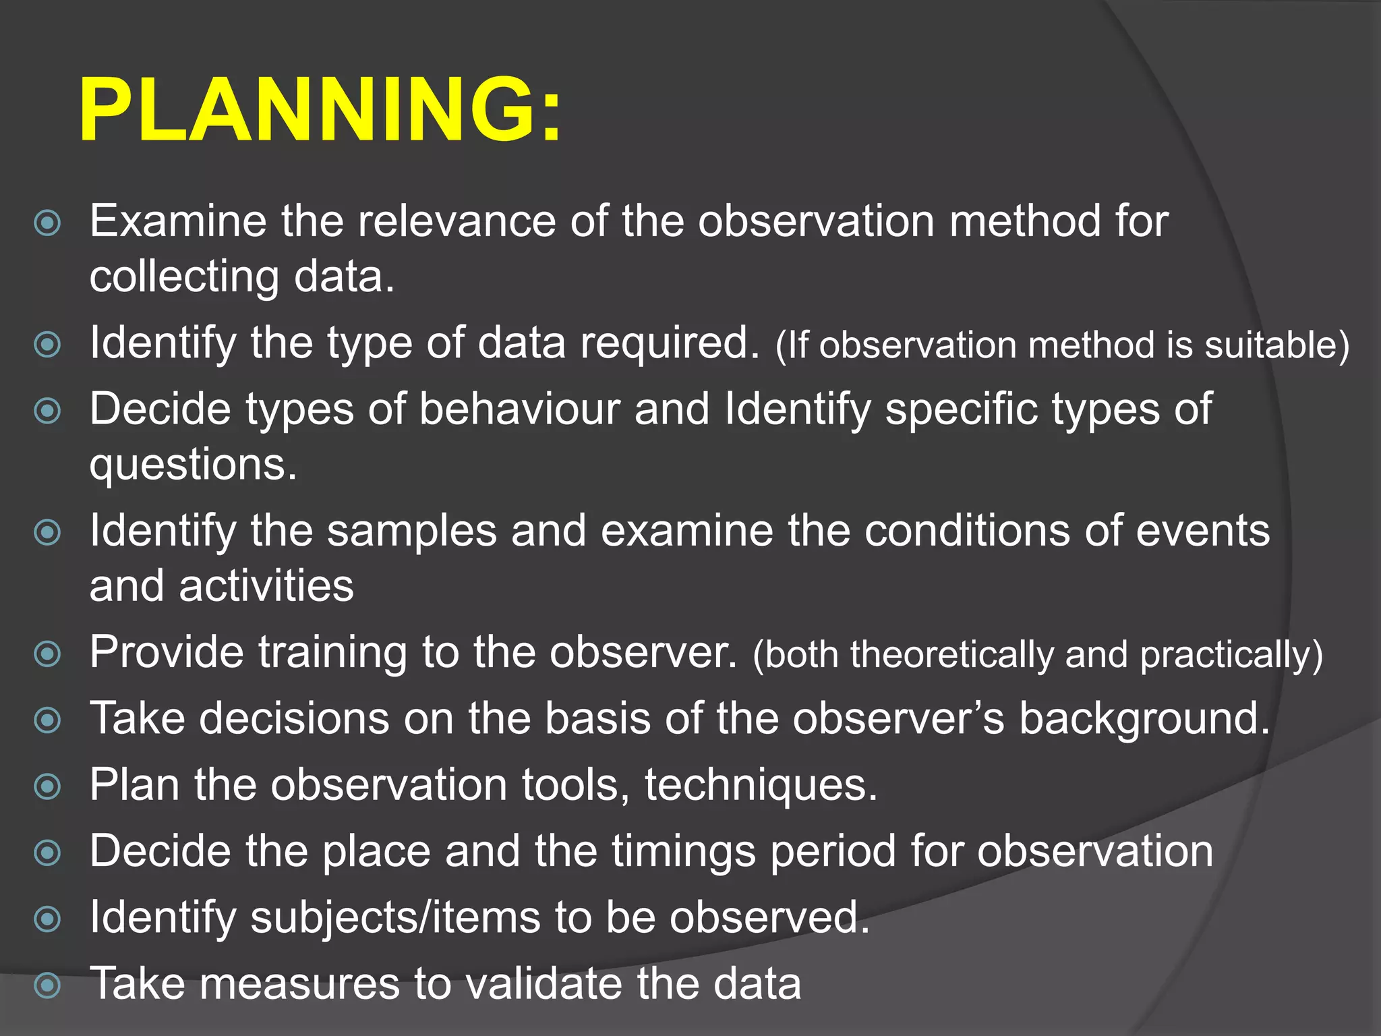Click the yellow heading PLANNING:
coord(320,109)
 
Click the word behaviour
coord(519,409)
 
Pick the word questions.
coord(193,465)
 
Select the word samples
coord(411,531)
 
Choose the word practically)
coord(1231,655)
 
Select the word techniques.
coord(761,785)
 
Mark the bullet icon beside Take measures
coord(47,985)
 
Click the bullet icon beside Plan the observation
coord(47,786)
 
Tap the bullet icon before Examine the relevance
coord(47,223)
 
